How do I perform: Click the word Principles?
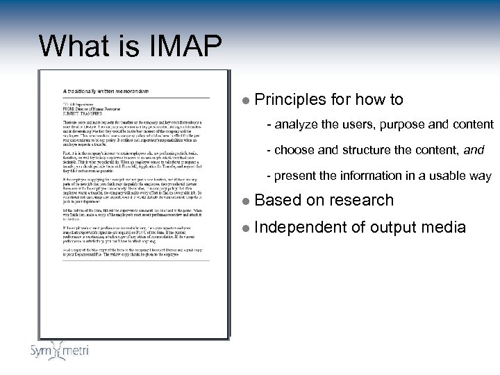(x=291, y=100)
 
